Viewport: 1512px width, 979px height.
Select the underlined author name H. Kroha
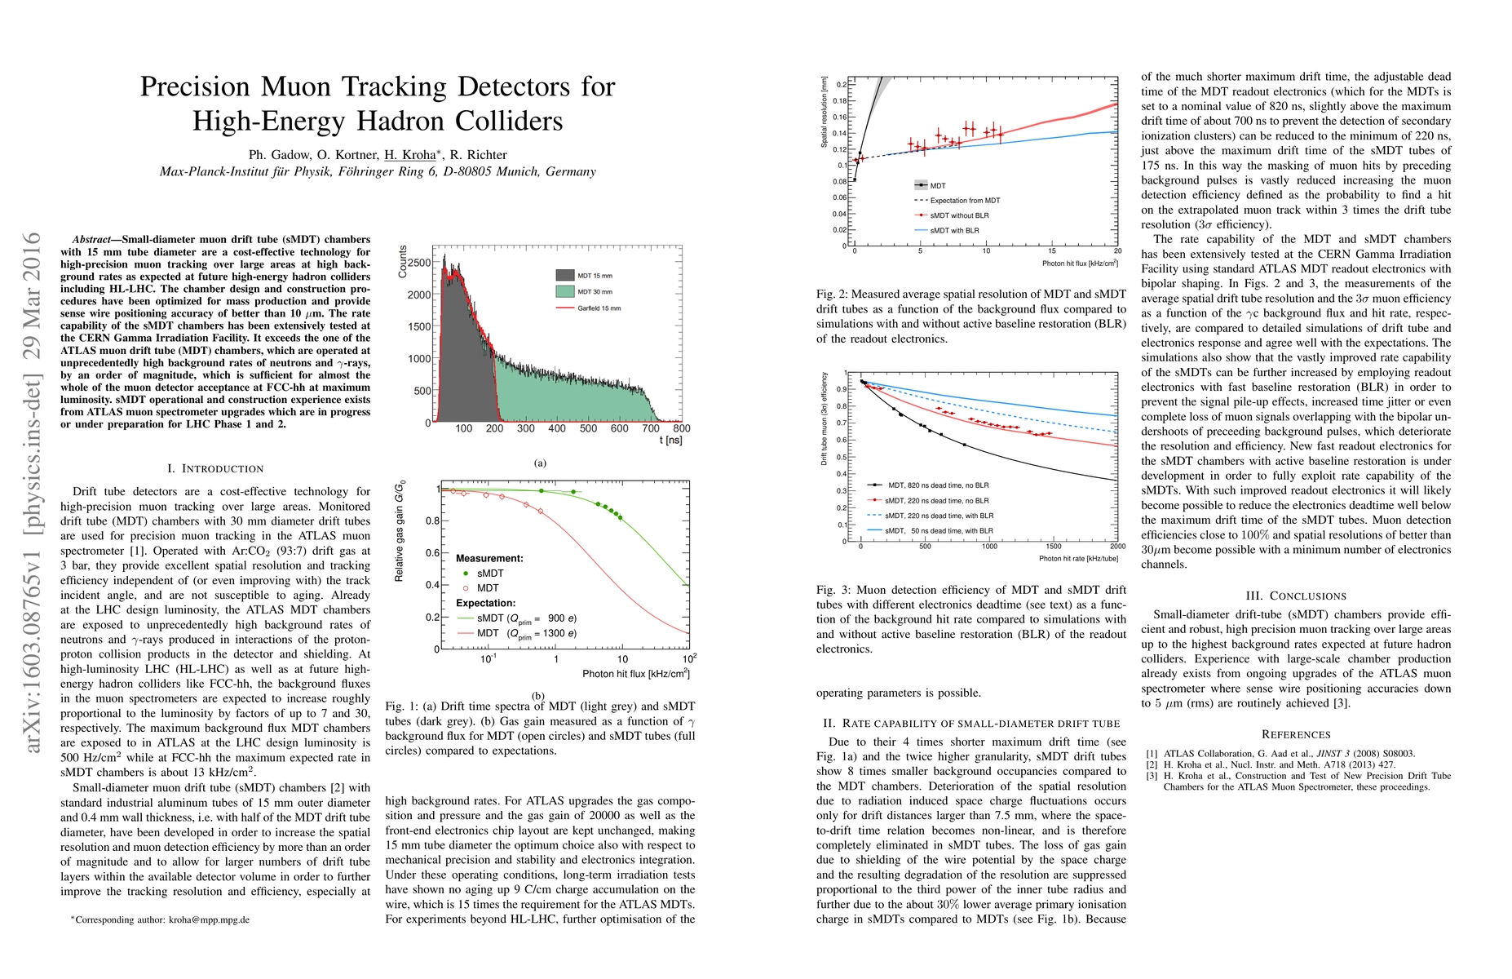coord(410,155)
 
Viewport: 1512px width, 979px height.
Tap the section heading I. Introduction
coord(215,468)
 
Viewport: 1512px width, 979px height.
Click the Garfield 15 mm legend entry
coord(599,308)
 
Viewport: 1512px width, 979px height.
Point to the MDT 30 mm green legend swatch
coord(564,291)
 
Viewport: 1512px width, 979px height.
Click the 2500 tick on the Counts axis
coord(419,263)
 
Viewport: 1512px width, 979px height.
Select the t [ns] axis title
coord(670,441)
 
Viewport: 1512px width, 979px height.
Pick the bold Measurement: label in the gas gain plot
coord(489,558)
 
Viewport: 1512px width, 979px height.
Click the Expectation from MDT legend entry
coord(965,201)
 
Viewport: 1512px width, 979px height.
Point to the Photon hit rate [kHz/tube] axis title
coord(1078,559)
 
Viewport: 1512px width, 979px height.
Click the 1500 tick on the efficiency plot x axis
coord(1054,547)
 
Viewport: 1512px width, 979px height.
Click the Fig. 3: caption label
coord(833,590)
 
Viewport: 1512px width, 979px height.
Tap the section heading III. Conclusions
coord(1296,596)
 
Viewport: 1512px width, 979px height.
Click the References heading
coord(1296,734)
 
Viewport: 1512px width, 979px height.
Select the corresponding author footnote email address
coord(209,919)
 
